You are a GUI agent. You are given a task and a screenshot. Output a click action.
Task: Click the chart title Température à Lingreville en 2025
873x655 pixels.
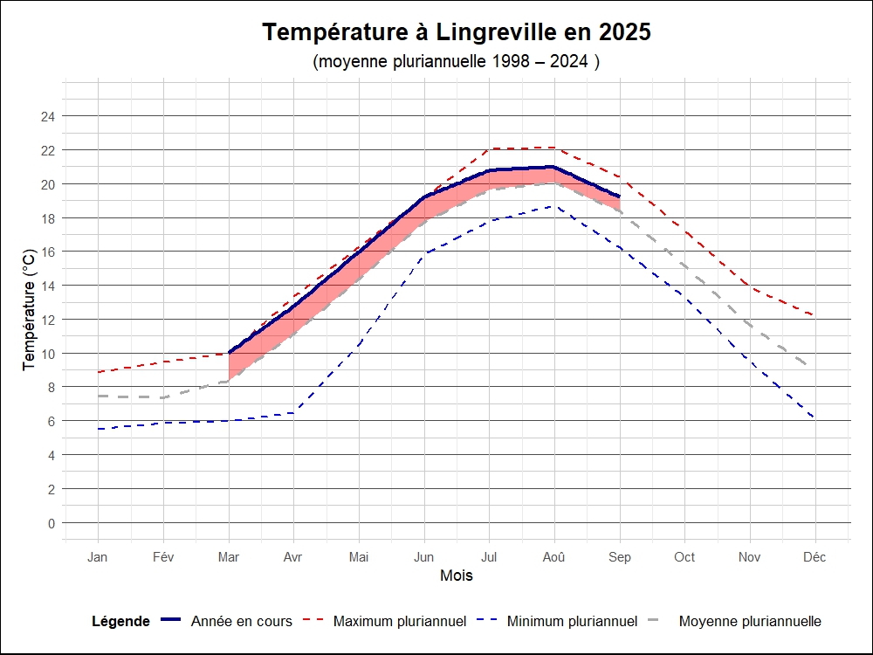coord(457,32)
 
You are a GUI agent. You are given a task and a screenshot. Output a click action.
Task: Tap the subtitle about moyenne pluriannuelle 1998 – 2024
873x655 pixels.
coord(457,62)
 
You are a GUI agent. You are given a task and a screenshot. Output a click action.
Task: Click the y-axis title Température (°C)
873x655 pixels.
coord(30,309)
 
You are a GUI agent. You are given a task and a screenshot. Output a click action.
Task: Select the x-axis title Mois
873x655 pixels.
coord(457,576)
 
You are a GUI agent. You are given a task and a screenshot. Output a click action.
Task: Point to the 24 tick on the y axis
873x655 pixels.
coord(48,116)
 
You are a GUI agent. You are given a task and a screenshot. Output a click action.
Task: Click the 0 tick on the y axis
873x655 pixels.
coord(51,523)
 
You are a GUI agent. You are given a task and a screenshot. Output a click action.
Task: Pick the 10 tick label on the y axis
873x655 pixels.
coord(48,354)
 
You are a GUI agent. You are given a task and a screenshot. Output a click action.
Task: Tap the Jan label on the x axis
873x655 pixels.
coord(98,557)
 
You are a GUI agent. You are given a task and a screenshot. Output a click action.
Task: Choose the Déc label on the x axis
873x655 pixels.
coord(815,557)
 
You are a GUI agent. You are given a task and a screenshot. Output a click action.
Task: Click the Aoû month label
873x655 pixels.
coord(554,557)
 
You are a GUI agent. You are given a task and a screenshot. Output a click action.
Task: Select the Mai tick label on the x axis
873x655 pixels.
coord(359,557)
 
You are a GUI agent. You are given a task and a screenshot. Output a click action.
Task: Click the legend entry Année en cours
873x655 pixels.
coord(241,622)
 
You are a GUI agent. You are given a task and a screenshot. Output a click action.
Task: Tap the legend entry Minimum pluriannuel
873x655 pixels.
coord(572,622)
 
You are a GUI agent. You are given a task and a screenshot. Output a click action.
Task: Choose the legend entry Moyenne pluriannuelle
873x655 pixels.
coord(749,622)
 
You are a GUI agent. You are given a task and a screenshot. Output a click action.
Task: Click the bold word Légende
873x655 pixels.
coord(120,622)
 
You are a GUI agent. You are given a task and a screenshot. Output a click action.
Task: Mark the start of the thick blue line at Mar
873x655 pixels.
coord(229,353)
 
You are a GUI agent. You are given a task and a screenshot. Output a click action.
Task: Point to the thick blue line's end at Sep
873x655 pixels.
coord(619,196)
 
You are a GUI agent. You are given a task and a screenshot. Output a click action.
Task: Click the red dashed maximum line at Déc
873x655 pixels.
coord(815,315)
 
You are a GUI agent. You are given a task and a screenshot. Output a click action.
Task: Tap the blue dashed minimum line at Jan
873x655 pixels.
coord(98,429)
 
